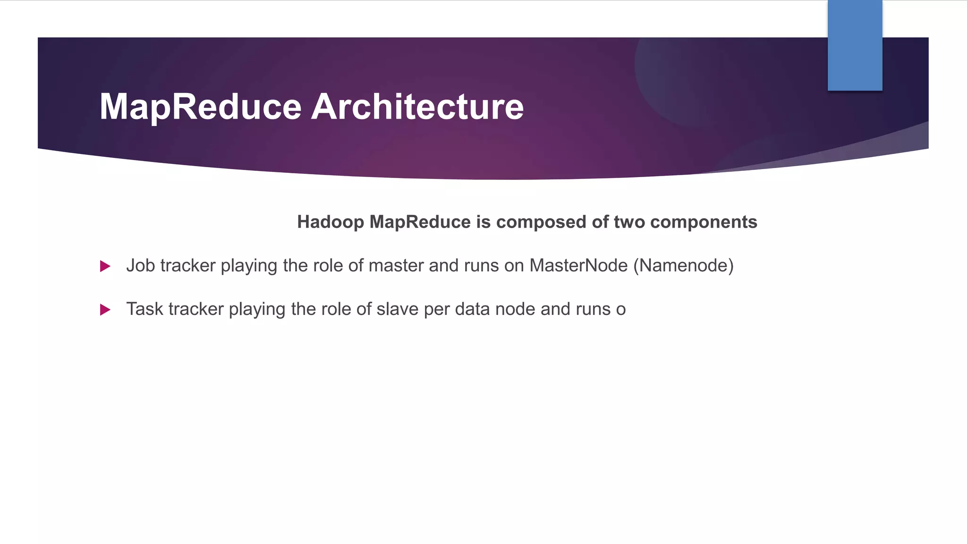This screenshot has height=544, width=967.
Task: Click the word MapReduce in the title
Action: [x=200, y=107]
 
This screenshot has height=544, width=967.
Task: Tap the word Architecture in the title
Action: [x=417, y=107]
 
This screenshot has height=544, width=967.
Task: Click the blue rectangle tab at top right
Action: [x=855, y=45]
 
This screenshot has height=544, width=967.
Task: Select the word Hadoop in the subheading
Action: [x=331, y=222]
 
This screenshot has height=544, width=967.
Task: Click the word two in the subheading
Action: [x=629, y=222]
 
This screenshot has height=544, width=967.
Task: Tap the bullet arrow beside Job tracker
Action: [x=105, y=266]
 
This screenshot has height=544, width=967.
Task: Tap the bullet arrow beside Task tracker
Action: [x=105, y=310]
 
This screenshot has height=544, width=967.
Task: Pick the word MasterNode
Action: [x=578, y=265]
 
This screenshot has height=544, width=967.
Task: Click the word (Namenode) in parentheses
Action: [x=683, y=265]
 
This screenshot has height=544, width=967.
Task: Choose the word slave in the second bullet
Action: [x=398, y=309]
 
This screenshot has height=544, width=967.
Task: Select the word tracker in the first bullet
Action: [x=188, y=265]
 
